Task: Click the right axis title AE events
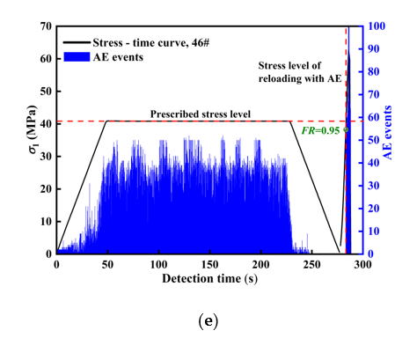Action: [x=387, y=140]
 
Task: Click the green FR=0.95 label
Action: [x=321, y=129]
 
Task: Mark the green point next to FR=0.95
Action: [x=346, y=129]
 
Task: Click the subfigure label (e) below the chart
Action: [x=204, y=320]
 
